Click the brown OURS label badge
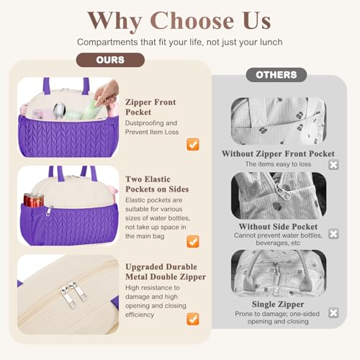[x=110, y=60]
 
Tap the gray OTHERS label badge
[x=276, y=75]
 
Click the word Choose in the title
[x=192, y=21]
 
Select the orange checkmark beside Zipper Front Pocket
[x=193, y=144]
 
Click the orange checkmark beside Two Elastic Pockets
[x=193, y=241]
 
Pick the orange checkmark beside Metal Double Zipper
[x=193, y=319]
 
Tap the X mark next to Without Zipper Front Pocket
[x=333, y=165]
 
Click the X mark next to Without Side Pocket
[x=333, y=234]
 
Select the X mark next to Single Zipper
[x=333, y=312]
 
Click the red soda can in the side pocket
[x=34, y=200]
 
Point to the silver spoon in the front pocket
[x=59, y=110]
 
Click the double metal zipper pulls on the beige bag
[x=73, y=294]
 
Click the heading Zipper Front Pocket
[x=150, y=107]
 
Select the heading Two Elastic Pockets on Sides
[x=157, y=184]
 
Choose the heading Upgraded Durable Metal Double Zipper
[x=166, y=271]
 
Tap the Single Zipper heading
[x=278, y=305]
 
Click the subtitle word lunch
[x=271, y=42]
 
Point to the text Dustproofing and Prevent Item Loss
[x=152, y=127]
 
